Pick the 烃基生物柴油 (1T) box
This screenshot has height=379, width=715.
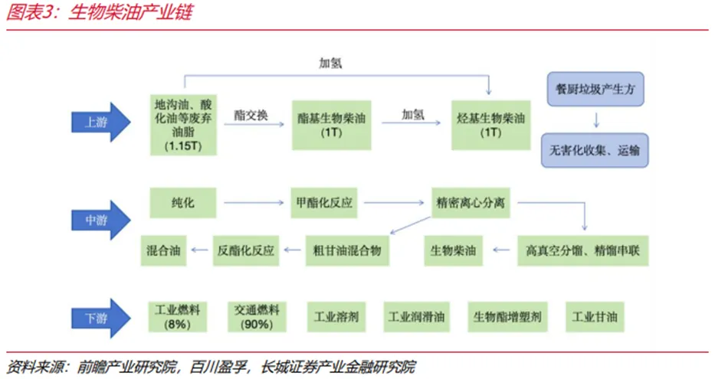[x=490, y=123]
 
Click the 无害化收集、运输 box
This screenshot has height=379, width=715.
[x=595, y=150]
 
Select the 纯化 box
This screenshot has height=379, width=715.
[x=183, y=203]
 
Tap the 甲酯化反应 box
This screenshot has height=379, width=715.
[x=325, y=203]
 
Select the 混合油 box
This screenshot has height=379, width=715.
[x=164, y=250]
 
